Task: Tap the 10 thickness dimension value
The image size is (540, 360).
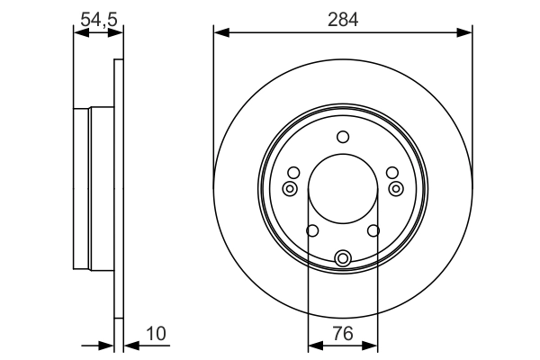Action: point(156,334)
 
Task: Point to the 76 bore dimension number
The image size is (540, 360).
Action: point(343,334)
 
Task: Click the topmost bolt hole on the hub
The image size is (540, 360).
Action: point(343,137)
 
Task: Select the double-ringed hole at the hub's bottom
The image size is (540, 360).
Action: point(343,259)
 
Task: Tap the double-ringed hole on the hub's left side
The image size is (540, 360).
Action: point(289,188)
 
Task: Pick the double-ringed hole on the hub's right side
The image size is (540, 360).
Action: point(397,188)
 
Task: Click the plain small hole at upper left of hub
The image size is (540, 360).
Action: point(293,173)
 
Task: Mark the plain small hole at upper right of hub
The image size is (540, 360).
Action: point(391,173)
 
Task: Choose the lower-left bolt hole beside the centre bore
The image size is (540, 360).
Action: point(312,231)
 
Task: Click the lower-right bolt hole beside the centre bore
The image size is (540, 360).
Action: point(373,231)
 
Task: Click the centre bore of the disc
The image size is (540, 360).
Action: point(343,190)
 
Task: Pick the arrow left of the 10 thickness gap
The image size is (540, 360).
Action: point(106,344)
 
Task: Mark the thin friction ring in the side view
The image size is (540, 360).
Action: point(118,190)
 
